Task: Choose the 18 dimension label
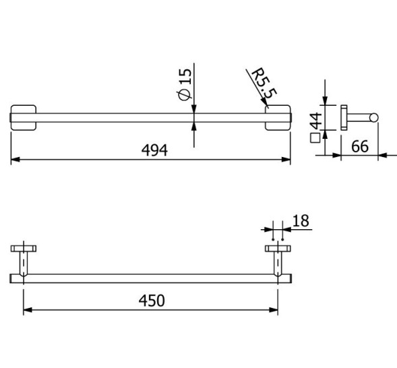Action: pos(301,220)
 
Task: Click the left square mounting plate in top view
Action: pos(24,117)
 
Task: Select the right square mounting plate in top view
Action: pos(277,117)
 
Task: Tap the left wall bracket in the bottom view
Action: pos(24,259)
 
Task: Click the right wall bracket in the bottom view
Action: pos(277,259)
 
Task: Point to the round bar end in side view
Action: pos(373,119)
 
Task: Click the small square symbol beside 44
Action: pos(314,140)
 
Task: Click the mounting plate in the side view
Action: pos(344,118)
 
